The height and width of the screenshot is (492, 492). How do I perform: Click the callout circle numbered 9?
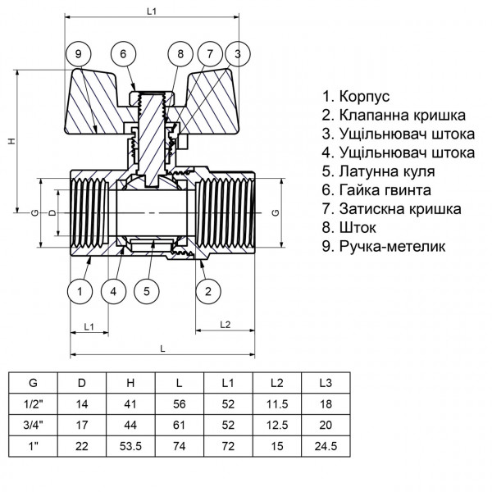click(x=78, y=54)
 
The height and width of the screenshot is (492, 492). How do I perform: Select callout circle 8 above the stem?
click(x=181, y=54)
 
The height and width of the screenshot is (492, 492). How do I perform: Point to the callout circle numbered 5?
click(x=147, y=290)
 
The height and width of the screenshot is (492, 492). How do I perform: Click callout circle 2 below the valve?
click(x=208, y=290)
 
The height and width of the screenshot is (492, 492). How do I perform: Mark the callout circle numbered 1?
click(x=80, y=290)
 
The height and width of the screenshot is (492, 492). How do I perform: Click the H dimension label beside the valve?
click(x=11, y=141)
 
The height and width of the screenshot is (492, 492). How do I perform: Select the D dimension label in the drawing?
click(x=52, y=213)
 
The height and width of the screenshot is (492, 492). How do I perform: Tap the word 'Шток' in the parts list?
click(x=360, y=226)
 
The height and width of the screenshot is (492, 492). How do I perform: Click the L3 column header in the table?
click(x=326, y=383)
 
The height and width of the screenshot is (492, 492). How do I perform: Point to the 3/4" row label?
click(x=34, y=426)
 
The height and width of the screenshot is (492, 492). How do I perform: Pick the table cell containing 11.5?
click(x=276, y=405)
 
